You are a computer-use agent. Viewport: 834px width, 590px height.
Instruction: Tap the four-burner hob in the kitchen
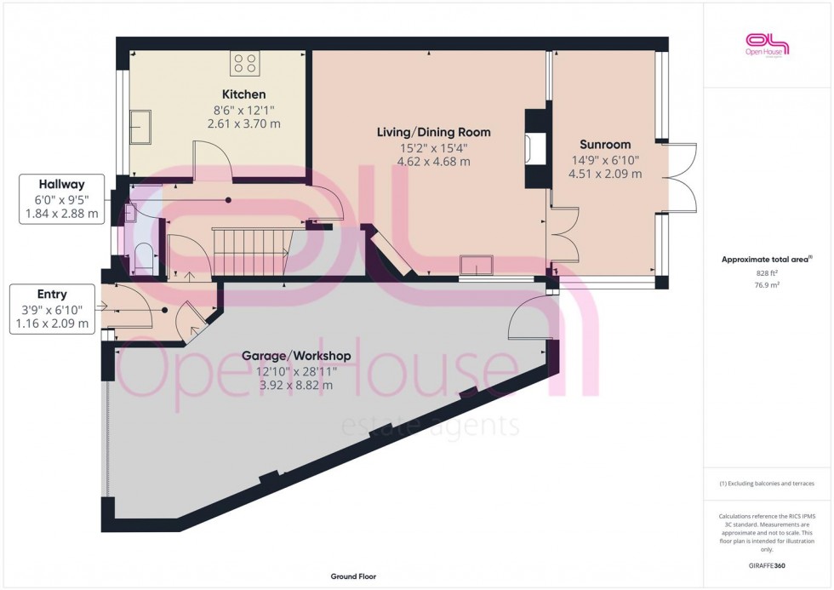[x=245, y=63]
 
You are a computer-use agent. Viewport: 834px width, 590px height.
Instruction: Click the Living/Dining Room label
[x=434, y=132]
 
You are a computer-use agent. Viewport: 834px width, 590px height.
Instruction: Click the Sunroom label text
[x=605, y=144]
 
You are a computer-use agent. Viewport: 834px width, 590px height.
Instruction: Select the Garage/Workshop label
[x=296, y=355]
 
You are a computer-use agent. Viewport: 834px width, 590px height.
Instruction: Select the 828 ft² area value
[x=768, y=273]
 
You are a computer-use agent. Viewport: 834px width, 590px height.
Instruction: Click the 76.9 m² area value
[x=768, y=285]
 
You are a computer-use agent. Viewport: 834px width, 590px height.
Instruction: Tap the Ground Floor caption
[x=353, y=576]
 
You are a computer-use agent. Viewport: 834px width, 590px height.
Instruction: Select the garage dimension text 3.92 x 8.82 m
[x=296, y=385]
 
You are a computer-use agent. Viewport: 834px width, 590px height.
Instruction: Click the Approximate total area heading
[x=768, y=259]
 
